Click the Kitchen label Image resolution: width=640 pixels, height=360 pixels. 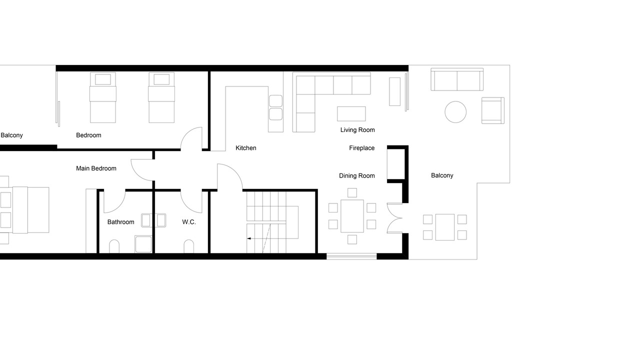tap(245, 148)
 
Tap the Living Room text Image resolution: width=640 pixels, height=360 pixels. tap(357, 130)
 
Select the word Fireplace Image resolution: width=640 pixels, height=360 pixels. tap(361, 148)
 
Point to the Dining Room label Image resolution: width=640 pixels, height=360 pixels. tap(357, 175)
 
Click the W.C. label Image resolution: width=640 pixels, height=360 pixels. tap(189, 222)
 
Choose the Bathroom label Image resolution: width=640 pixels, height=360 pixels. tap(120, 222)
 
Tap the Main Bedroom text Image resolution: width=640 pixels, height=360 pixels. tap(96, 168)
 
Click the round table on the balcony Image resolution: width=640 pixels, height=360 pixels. tap(455, 112)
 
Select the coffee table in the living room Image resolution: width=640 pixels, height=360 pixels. tap(351, 113)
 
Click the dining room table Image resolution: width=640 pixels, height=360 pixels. tap(352, 216)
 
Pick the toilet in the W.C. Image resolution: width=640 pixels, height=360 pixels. tap(188, 246)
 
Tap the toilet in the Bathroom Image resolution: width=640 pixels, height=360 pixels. tap(114, 246)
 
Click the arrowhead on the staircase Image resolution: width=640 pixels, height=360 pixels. tap(249, 238)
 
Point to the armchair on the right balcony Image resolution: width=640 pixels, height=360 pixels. tap(493, 110)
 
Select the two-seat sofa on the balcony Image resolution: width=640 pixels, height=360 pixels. tap(457, 79)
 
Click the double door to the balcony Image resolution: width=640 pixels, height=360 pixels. tap(394, 218)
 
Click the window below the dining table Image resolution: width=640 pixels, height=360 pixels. tap(351, 256)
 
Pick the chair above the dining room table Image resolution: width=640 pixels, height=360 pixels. tap(352, 192)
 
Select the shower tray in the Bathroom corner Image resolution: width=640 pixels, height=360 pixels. tap(143, 244)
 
